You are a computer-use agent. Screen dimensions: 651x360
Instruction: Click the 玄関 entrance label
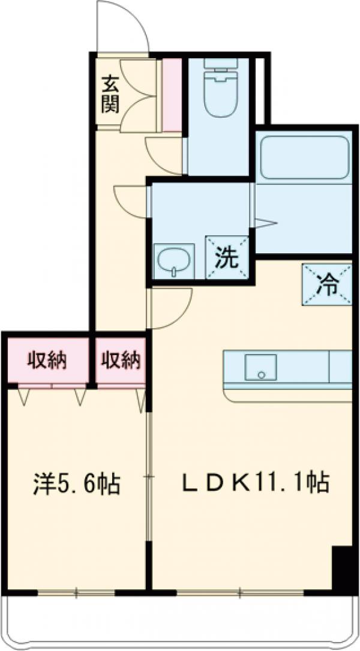110,93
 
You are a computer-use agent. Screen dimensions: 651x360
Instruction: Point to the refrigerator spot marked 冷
327,285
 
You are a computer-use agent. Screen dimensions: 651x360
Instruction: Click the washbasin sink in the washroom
173,261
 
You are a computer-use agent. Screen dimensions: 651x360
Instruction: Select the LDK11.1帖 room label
256,482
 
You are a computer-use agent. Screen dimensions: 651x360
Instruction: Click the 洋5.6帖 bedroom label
76,483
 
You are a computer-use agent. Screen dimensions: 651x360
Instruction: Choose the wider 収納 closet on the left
46,361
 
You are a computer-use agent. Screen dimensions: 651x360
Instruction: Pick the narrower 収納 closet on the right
120,361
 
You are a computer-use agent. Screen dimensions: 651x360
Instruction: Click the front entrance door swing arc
123,27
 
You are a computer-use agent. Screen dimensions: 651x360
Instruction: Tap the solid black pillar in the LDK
343,567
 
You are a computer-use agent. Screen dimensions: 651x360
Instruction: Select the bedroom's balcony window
76,593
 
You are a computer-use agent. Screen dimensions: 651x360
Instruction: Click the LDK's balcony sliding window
240,593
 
